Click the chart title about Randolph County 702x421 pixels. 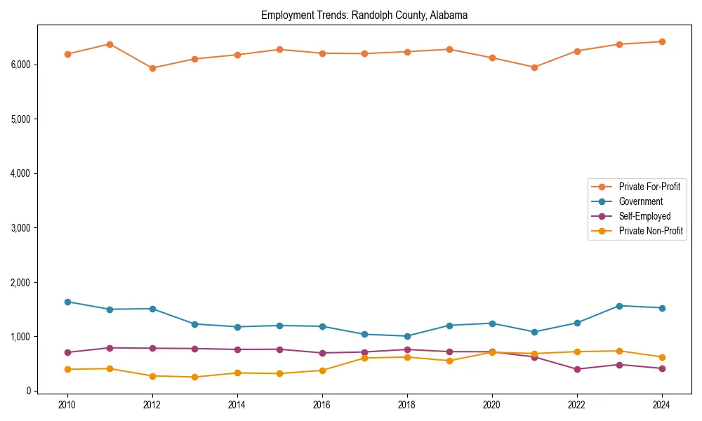coord(364,15)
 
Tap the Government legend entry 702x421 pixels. coord(640,201)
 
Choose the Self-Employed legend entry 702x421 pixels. coord(644,216)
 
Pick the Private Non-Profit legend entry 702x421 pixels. coord(651,231)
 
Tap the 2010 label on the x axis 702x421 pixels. coord(67,405)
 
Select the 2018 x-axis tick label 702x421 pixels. coord(407,405)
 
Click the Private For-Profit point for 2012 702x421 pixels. coord(152,68)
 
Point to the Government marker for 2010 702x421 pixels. coord(67,302)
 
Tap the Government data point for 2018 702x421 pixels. coord(407,336)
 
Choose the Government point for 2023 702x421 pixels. coord(619,306)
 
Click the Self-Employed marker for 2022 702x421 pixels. coord(577,369)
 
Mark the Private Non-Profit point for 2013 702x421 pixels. coord(194,377)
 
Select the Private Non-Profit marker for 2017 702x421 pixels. coord(364,358)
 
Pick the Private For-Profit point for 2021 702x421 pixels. coord(534,67)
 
